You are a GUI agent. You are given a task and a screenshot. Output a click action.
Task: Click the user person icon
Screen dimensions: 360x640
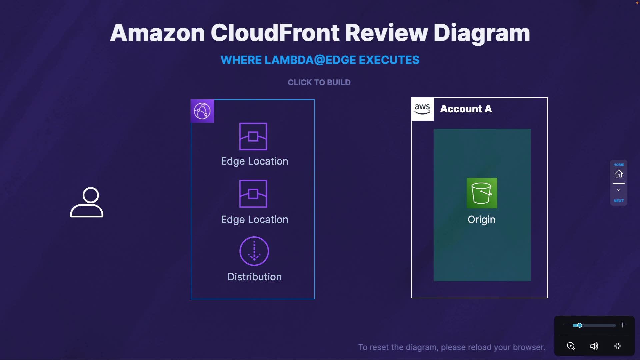pyautogui.click(x=87, y=202)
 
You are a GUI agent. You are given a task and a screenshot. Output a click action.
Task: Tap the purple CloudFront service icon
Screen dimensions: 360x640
pyautogui.click(x=202, y=111)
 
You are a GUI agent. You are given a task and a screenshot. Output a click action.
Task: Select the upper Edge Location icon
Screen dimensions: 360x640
pyautogui.click(x=253, y=136)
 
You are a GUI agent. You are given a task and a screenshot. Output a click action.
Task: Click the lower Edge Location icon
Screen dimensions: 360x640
pyautogui.click(x=253, y=194)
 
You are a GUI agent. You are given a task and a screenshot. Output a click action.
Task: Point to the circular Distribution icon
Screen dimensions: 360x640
pyautogui.click(x=254, y=251)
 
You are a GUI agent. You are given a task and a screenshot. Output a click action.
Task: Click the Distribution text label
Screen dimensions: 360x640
pyautogui.click(x=254, y=277)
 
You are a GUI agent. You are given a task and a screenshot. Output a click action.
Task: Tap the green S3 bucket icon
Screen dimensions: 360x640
pyautogui.click(x=482, y=193)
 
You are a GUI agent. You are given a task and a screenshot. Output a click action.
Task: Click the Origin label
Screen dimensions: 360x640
pyautogui.click(x=481, y=219)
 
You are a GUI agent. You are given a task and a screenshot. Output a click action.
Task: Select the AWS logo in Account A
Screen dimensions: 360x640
pyautogui.click(x=422, y=109)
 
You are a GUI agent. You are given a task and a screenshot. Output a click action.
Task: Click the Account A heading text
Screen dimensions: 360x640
pyautogui.click(x=466, y=109)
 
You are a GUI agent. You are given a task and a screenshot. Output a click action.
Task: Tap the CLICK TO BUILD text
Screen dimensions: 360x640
pyautogui.click(x=319, y=82)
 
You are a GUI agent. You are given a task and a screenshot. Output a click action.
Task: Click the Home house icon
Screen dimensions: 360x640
pyautogui.click(x=619, y=174)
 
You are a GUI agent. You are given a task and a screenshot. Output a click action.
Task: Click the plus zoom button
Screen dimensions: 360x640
pyautogui.click(x=622, y=325)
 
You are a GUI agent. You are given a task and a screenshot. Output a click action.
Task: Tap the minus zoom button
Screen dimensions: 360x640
pyautogui.click(x=566, y=325)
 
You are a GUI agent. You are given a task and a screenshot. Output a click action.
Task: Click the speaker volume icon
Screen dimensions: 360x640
pyautogui.click(x=594, y=346)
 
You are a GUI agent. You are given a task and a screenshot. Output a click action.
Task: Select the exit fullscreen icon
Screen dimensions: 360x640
pyautogui.click(x=618, y=346)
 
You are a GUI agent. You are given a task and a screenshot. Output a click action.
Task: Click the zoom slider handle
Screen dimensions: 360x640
pyautogui.click(x=580, y=325)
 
